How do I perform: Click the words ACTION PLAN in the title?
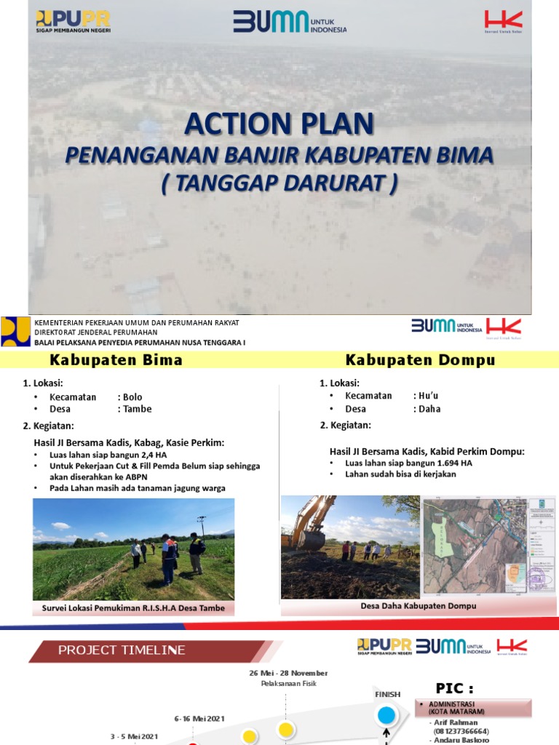pos(279,124)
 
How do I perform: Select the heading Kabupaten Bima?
pos(116,360)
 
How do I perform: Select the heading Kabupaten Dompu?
pos(420,360)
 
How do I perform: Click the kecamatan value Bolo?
pos(132,397)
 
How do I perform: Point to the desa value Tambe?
pos(138,409)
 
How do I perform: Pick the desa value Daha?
pos(429,409)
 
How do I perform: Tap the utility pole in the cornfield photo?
pos(201,527)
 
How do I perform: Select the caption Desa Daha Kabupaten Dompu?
pos(418,606)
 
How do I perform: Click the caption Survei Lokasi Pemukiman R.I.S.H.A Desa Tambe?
pos(132,608)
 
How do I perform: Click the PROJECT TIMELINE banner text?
pos(122,650)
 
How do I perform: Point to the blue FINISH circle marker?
pos(386,715)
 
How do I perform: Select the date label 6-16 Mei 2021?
pos(199,718)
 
